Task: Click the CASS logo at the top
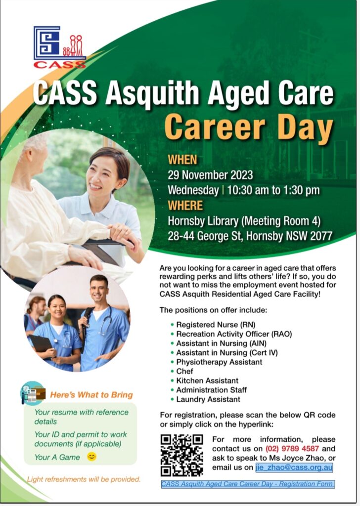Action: click(x=60, y=47)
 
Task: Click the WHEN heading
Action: click(x=182, y=160)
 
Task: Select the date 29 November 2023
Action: click(x=210, y=175)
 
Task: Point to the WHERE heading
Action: click(x=185, y=206)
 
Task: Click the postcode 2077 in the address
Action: click(x=321, y=236)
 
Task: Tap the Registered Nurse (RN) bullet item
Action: click(x=216, y=325)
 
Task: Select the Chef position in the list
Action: click(x=184, y=371)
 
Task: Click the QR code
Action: click(x=182, y=455)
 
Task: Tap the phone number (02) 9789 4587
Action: click(x=292, y=449)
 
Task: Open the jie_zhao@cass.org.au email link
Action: click(x=294, y=467)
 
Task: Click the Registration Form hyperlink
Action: click(x=248, y=484)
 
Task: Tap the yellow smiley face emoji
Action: click(x=91, y=457)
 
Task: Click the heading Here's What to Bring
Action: click(x=91, y=395)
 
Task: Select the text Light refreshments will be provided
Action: click(x=84, y=479)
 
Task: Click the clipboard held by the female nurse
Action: click(x=42, y=344)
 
